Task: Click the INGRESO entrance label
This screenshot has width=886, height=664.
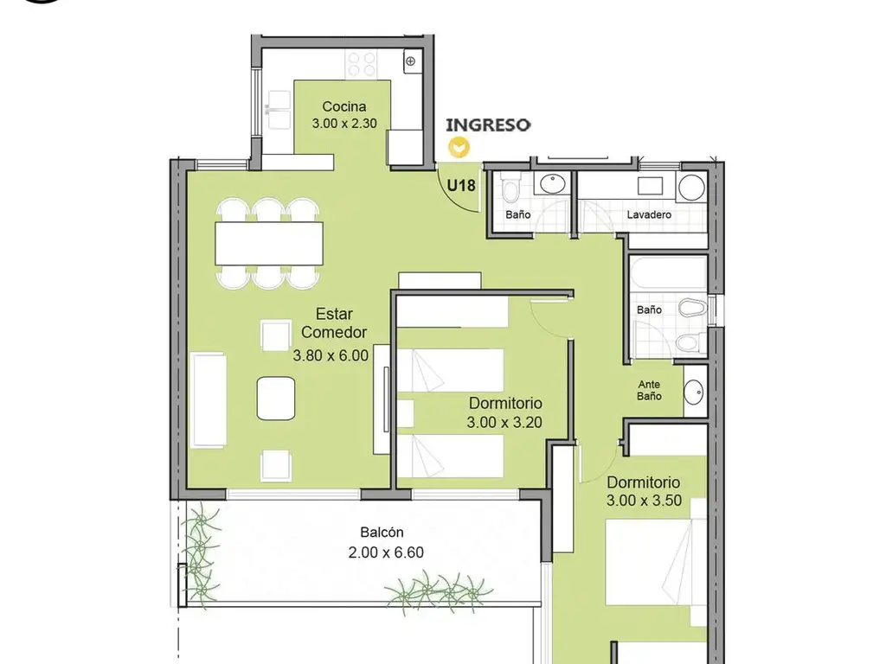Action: click(x=488, y=124)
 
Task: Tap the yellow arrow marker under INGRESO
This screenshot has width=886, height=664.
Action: click(x=459, y=147)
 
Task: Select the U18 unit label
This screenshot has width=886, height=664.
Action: click(x=461, y=185)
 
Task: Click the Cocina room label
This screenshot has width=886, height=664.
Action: click(x=344, y=106)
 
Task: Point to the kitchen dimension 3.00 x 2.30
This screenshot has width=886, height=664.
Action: click(x=344, y=123)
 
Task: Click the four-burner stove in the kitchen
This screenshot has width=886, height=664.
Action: click(x=362, y=64)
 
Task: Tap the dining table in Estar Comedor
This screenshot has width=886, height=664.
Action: click(x=269, y=243)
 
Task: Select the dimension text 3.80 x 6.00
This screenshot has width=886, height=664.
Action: click(x=331, y=355)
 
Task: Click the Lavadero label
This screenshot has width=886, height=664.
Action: click(x=649, y=214)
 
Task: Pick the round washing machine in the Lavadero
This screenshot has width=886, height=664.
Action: click(x=691, y=188)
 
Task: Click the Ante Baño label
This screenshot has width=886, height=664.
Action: click(x=649, y=390)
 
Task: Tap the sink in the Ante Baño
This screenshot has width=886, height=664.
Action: click(x=693, y=392)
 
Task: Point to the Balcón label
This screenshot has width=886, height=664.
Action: click(x=382, y=532)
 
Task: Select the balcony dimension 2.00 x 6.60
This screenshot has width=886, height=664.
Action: click(x=386, y=552)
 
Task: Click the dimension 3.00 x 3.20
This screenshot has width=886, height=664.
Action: click(x=504, y=422)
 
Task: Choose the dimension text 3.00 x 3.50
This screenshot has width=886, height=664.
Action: click(x=644, y=501)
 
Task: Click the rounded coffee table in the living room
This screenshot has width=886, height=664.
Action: click(x=276, y=399)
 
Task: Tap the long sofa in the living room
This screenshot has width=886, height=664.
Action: click(x=209, y=399)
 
